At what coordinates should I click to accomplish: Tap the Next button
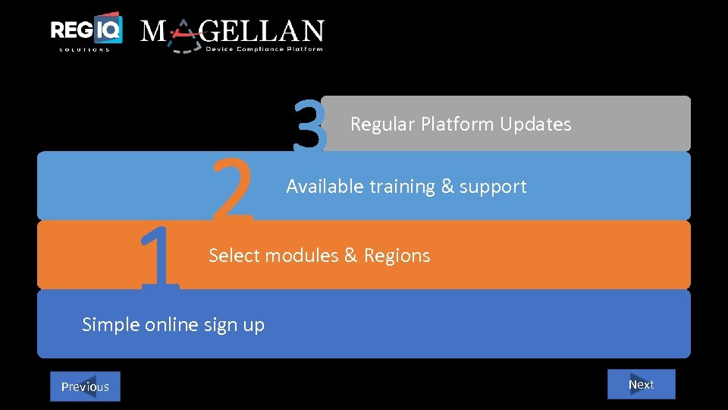(x=641, y=384)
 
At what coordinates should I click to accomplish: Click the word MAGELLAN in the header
(x=232, y=31)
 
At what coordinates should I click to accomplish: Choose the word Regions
(x=397, y=256)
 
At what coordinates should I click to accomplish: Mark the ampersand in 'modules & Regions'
(x=350, y=256)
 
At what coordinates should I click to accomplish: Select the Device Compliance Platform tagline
(x=265, y=49)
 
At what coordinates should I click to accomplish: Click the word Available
(x=325, y=187)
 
